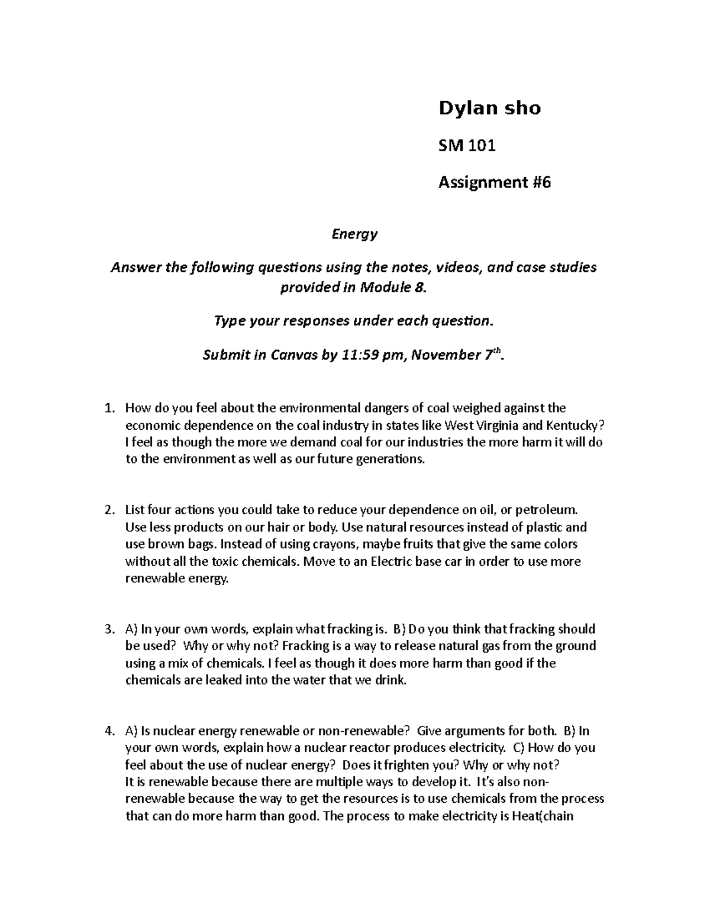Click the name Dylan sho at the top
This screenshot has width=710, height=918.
click(x=489, y=108)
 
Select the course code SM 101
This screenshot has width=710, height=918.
click(x=466, y=145)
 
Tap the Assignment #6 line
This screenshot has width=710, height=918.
click(x=494, y=183)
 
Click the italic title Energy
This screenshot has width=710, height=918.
click(x=354, y=234)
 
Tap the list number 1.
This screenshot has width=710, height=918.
click(x=108, y=408)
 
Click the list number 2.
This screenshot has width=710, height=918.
click(x=108, y=510)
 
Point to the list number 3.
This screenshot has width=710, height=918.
click(x=108, y=629)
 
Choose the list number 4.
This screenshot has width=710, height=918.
click(x=108, y=731)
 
